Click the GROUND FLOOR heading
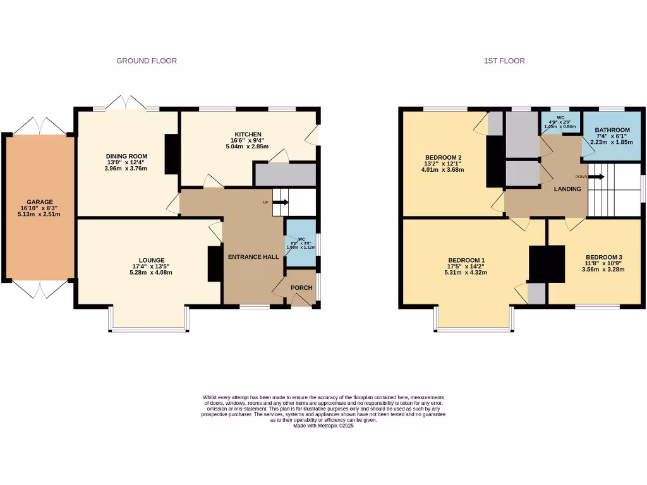147,61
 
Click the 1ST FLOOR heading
504,61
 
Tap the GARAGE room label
40,202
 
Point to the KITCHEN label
248,135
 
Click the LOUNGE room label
148,260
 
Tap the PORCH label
301,288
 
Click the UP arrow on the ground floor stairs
281,203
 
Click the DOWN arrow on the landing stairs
596,177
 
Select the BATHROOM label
612,130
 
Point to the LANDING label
567,189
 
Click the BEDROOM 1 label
466,261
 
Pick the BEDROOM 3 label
604,257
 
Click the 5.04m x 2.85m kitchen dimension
248,147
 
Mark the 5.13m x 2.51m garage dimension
40,213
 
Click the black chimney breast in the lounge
215,263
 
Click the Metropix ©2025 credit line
323,426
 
